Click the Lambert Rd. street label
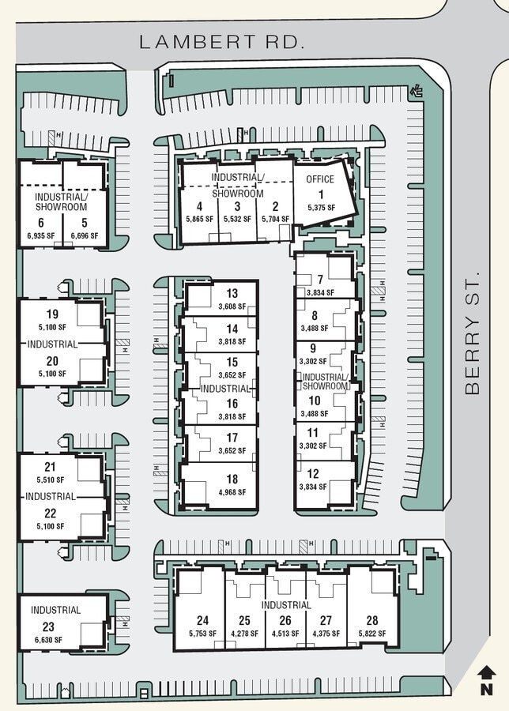coord(222,43)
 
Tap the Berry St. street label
coord(473,334)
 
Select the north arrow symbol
coord(487,679)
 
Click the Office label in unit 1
coord(320,179)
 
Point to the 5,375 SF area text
coord(320,208)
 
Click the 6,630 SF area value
coord(47,641)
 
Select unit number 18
coord(232,479)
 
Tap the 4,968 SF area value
coord(232,492)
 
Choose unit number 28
coord(371,620)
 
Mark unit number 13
coord(232,294)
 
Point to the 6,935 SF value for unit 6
coord(40,235)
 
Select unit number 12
coord(313,473)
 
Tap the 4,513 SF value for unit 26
coord(285,634)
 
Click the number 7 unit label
coord(320,280)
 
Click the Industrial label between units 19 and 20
coord(52,344)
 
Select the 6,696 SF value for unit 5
coord(84,235)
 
